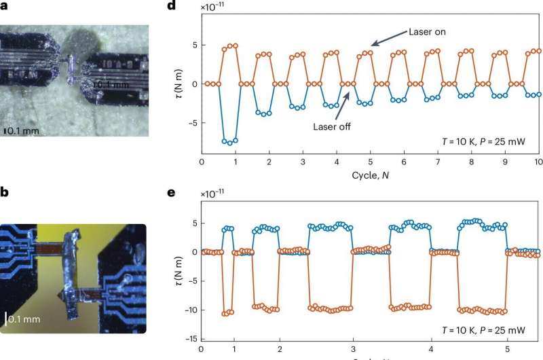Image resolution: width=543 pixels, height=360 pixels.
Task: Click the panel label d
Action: (171, 7)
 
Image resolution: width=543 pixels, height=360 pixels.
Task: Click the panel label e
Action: (171, 193)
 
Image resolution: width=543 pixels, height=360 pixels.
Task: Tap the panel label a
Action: (4, 7)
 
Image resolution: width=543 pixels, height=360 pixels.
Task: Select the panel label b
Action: (4, 193)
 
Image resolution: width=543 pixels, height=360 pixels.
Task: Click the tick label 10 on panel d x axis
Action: (538, 163)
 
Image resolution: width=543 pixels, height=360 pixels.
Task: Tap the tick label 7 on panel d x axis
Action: (437, 163)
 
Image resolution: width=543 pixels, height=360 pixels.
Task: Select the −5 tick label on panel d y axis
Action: (191, 123)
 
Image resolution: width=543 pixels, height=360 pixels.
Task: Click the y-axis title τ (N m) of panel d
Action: (178, 84)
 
